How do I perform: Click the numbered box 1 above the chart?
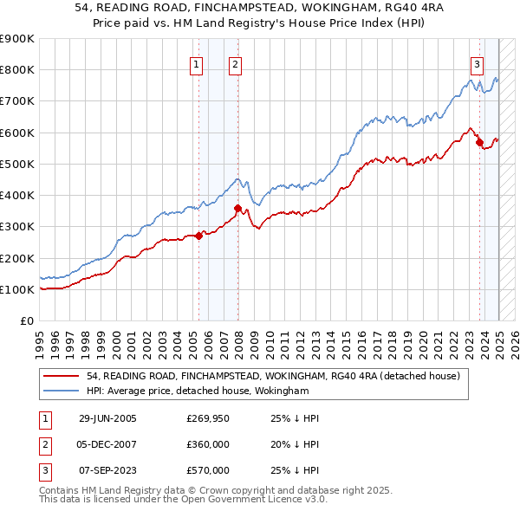click(x=197, y=63)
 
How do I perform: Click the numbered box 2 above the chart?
click(x=236, y=63)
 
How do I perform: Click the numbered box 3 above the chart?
click(x=477, y=63)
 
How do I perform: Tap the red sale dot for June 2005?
click(x=198, y=235)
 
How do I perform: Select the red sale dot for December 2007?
click(x=238, y=208)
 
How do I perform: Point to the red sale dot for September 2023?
click(x=479, y=142)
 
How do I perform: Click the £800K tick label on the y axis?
click(x=17, y=70)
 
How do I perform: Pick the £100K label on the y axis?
click(x=17, y=289)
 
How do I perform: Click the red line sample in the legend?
click(x=62, y=376)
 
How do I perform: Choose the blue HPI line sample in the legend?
click(x=62, y=391)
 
